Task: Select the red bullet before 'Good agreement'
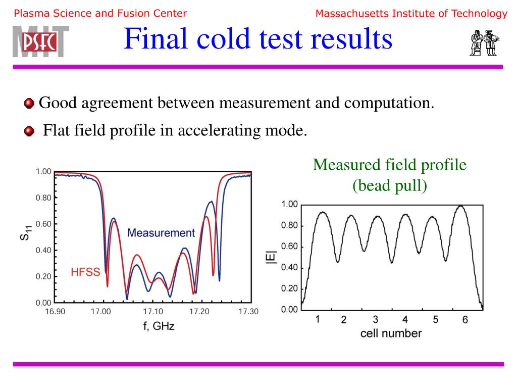pyautogui.click(x=29, y=104)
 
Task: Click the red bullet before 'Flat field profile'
pyautogui.click(x=29, y=131)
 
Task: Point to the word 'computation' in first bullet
pyautogui.click(x=389, y=104)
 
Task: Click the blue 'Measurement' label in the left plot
pyautogui.click(x=161, y=233)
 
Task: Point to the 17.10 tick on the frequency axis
pyautogui.click(x=152, y=311)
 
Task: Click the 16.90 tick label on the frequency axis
pyautogui.click(x=55, y=311)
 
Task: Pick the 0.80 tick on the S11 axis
pyautogui.click(x=43, y=198)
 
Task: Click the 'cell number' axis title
pyautogui.click(x=391, y=333)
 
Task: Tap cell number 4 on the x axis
pyautogui.click(x=405, y=320)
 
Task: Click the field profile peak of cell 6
pyautogui.click(x=460, y=206)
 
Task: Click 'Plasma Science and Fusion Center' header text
pyautogui.click(x=100, y=14)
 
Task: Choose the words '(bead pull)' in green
pyautogui.click(x=389, y=186)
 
